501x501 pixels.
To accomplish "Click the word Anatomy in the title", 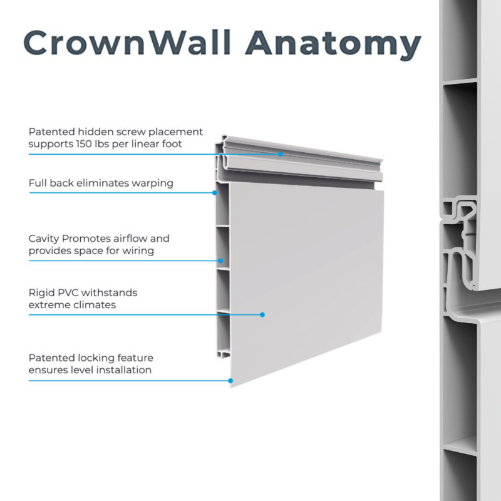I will click(333, 44).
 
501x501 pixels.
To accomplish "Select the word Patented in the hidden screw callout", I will click(52, 132).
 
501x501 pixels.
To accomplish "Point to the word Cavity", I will click(44, 239).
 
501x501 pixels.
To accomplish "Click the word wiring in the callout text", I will click(139, 250).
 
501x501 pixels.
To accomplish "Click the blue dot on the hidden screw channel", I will click(281, 153).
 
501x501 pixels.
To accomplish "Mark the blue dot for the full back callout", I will click(215, 193).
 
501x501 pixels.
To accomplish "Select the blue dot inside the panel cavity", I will click(220, 260).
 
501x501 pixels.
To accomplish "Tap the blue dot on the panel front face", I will click(262, 314).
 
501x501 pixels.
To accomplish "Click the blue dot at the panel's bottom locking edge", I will click(230, 380).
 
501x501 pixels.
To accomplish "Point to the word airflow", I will click(121, 239).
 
